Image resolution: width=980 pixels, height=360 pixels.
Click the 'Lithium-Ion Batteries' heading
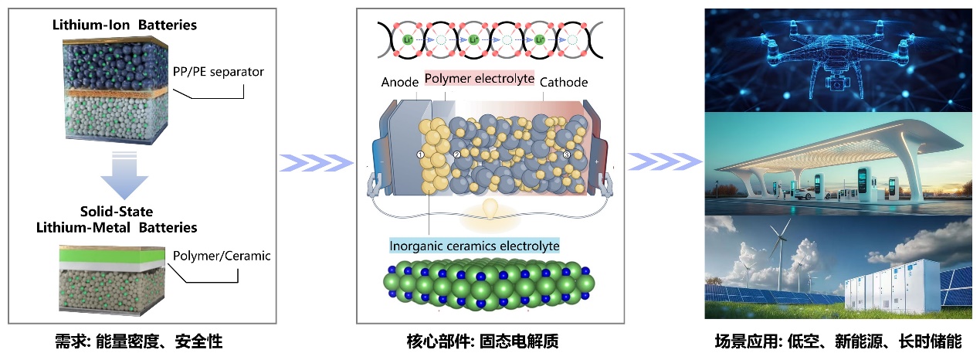tap(124, 25)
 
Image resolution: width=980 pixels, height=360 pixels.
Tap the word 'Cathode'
tap(564, 83)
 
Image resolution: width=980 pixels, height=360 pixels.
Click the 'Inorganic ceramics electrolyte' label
tap(474, 246)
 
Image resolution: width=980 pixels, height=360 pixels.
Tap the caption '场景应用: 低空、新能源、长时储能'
tap(837, 341)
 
